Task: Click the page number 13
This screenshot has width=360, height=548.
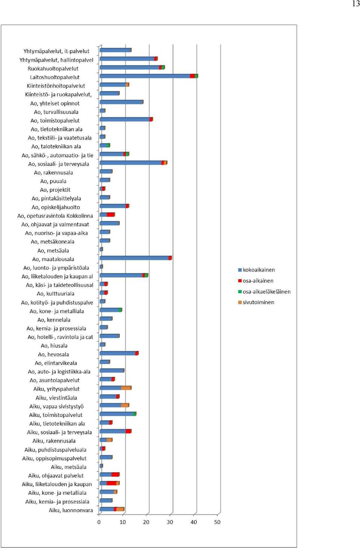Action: point(355,4)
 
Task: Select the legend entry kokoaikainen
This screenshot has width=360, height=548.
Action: point(256,270)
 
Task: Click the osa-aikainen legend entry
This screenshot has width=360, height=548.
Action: point(256,281)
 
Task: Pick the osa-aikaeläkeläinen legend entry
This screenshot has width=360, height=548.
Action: point(264,291)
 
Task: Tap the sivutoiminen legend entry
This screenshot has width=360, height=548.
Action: point(256,302)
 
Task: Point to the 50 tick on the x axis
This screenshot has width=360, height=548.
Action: point(217,522)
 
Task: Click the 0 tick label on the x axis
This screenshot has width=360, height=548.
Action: point(99,522)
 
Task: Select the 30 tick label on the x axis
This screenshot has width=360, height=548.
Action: point(170,522)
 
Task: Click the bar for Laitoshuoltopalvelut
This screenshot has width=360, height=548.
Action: point(149,76)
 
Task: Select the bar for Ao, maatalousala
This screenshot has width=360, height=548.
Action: point(136,258)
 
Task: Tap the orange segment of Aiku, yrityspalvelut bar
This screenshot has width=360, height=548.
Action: point(126,388)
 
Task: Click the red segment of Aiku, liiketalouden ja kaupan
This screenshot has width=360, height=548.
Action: point(111,483)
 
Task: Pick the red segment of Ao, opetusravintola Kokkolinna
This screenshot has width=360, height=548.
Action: point(111,215)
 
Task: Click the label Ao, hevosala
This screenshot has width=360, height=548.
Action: point(53,354)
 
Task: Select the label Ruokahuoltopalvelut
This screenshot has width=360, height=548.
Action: point(53,69)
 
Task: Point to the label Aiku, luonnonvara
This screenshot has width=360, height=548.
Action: point(71,510)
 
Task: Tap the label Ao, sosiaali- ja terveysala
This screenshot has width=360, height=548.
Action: point(58,164)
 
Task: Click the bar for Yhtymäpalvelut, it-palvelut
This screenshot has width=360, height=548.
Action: point(115,50)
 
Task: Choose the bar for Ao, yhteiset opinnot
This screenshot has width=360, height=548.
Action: point(121,102)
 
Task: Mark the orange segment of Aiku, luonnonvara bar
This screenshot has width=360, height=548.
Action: point(120,509)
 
